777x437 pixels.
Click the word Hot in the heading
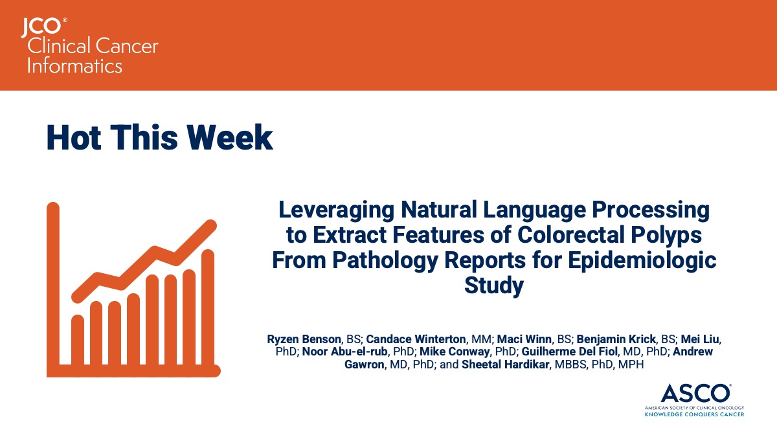point(74,138)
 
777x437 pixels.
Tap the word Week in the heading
point(230,138)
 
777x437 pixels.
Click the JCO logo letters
point(41,28)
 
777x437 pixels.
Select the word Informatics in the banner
point(74,66)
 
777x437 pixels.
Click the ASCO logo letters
point(695,394)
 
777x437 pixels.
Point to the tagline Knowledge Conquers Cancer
point(694,414)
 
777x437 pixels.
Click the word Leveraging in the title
point(336,211)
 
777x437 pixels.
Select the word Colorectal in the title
point(571,235)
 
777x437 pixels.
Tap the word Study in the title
point(494,286)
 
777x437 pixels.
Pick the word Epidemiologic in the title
point(642,261)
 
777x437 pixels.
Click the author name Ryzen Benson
point(304,339)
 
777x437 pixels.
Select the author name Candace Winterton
point(416,339)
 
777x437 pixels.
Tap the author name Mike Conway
point(455,352)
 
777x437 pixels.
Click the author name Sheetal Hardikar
point(506,364)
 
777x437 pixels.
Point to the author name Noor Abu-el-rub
point(344,352)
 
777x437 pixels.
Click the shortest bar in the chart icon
point(78,340)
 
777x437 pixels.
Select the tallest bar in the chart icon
point(208,308)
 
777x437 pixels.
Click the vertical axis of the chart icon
point(53,288)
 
